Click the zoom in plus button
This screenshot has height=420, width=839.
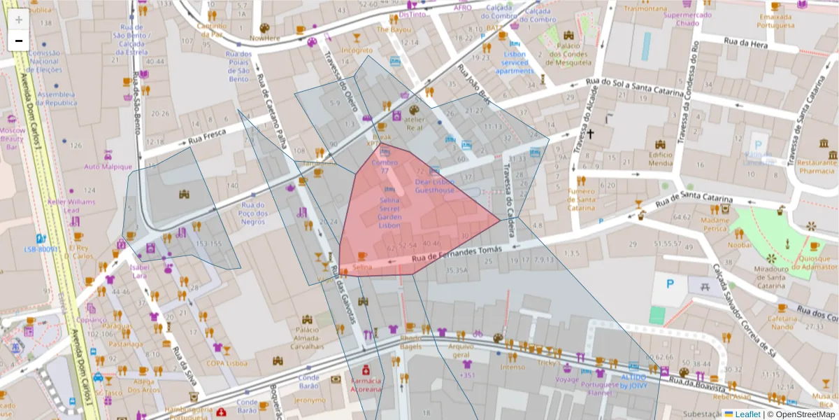(x=19, y=19)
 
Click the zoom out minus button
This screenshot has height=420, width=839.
(x=19, y=41)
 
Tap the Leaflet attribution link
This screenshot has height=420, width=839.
(x=747, y=414)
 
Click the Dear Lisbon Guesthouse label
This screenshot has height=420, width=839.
(x=434, y=185)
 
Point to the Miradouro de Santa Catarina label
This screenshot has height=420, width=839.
(x=771, y=277)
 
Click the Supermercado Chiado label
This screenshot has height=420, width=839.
(x=683, y=19)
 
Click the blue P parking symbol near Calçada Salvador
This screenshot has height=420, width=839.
(x=670, y=283)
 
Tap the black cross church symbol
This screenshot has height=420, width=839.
(x=590, y=133)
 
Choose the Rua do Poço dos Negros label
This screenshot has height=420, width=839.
(x=252, y=213)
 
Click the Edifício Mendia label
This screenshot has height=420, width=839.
(x=660, y=159)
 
